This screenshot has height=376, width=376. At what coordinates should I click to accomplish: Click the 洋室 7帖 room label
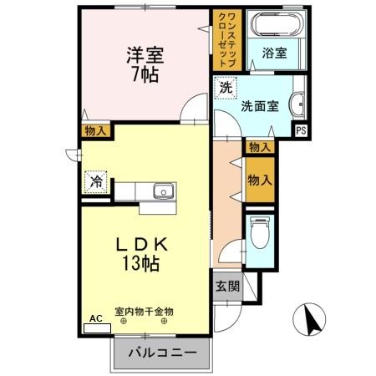pos(145,64)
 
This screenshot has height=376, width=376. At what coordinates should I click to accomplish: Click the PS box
pos(302,130)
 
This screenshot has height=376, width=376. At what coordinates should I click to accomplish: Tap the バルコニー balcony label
pos(162,353)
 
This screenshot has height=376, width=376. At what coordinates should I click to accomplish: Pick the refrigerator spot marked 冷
pos(97,180)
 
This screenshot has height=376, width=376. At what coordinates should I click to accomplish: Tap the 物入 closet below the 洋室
pos(94,130)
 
